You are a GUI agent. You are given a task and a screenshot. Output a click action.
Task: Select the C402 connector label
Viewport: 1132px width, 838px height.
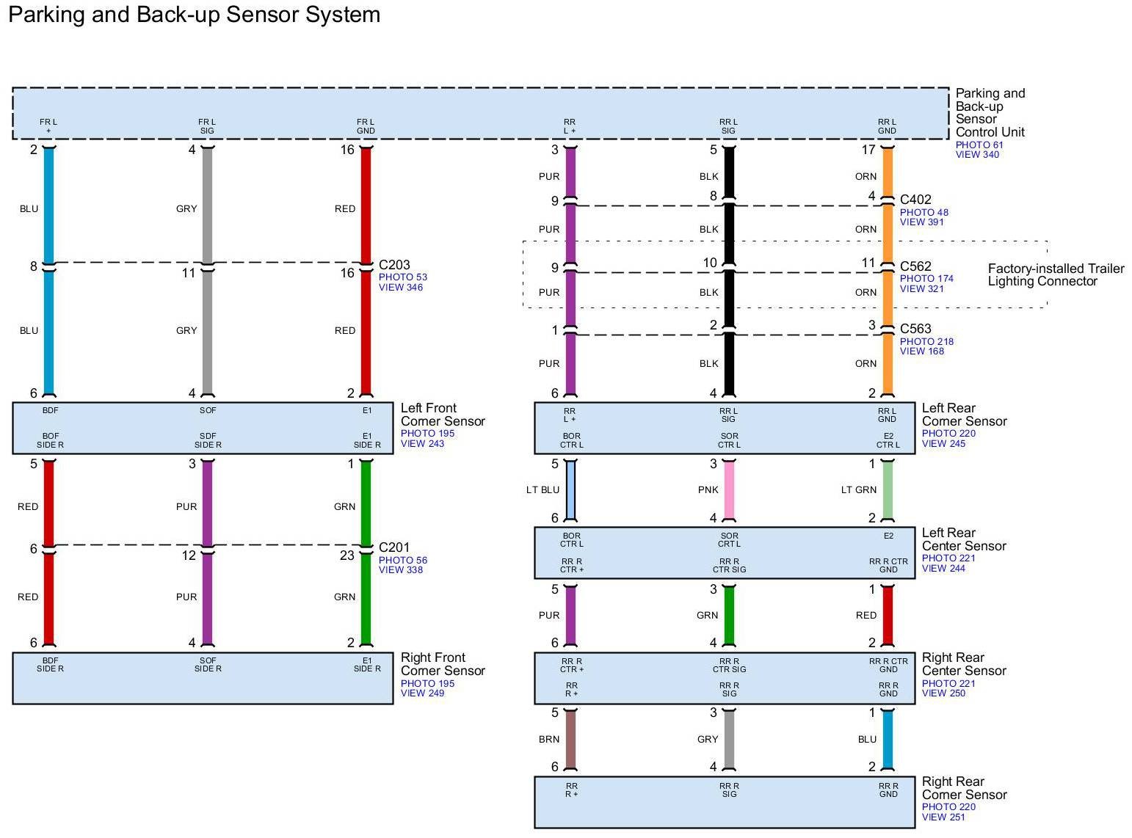pos(915,200)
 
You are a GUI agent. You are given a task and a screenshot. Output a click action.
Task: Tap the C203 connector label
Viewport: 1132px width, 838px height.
pos(394,265)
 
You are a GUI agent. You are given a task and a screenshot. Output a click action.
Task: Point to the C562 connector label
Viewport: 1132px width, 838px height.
pos(915,266)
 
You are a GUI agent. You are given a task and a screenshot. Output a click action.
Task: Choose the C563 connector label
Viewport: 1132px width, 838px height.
pos(915,329)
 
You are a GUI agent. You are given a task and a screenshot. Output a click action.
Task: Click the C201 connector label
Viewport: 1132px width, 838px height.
pos(394,547)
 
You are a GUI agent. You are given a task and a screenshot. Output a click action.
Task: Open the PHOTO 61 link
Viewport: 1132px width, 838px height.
pos(979,145)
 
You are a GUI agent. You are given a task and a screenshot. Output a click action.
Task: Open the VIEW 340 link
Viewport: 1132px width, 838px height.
pos(977,155)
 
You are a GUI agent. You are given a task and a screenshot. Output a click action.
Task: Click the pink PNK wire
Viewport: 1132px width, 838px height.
pos(729,490)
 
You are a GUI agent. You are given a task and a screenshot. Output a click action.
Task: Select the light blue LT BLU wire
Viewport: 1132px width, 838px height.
pos(570,490)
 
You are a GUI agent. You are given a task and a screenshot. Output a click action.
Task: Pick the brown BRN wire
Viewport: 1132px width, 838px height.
pos(570,739)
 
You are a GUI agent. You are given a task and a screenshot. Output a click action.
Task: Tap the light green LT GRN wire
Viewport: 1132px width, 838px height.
pos(888,490)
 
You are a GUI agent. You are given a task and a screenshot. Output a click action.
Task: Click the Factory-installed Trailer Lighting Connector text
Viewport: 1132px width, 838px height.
pos(1056,275)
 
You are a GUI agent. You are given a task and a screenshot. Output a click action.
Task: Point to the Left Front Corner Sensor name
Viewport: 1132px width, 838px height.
pos(443,415)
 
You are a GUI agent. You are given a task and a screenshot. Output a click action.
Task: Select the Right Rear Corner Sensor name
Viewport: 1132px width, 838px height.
pos(964,789)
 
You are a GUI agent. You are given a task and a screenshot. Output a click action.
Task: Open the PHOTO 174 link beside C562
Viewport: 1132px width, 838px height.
pos(926,279)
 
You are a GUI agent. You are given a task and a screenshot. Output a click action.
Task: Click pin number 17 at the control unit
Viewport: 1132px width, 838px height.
pos(868,150)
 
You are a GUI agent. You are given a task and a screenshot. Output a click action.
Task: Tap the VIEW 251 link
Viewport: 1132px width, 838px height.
pos(943,817)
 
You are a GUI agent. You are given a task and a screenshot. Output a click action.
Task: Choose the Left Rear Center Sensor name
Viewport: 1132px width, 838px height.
pos(964,539)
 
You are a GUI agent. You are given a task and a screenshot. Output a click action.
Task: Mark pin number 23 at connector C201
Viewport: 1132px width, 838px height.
pos(347,555)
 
